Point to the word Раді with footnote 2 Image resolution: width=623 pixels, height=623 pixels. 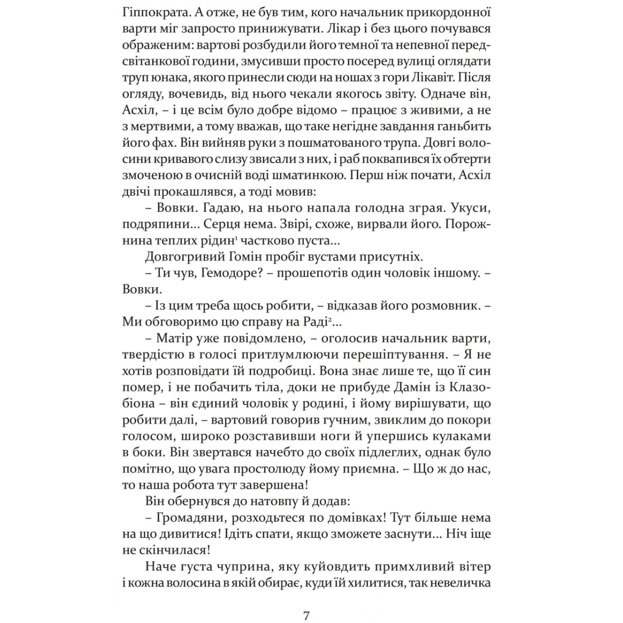pos(313,322)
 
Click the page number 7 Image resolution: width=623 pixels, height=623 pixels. pos(306,602)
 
